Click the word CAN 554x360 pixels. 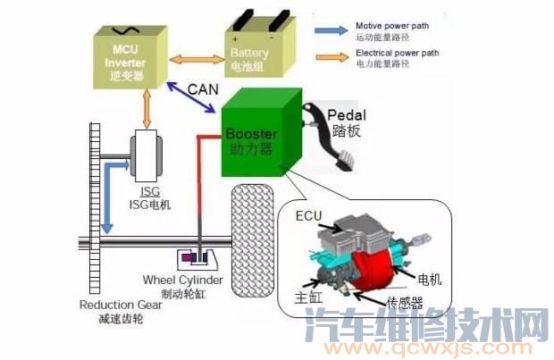point(205,90)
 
